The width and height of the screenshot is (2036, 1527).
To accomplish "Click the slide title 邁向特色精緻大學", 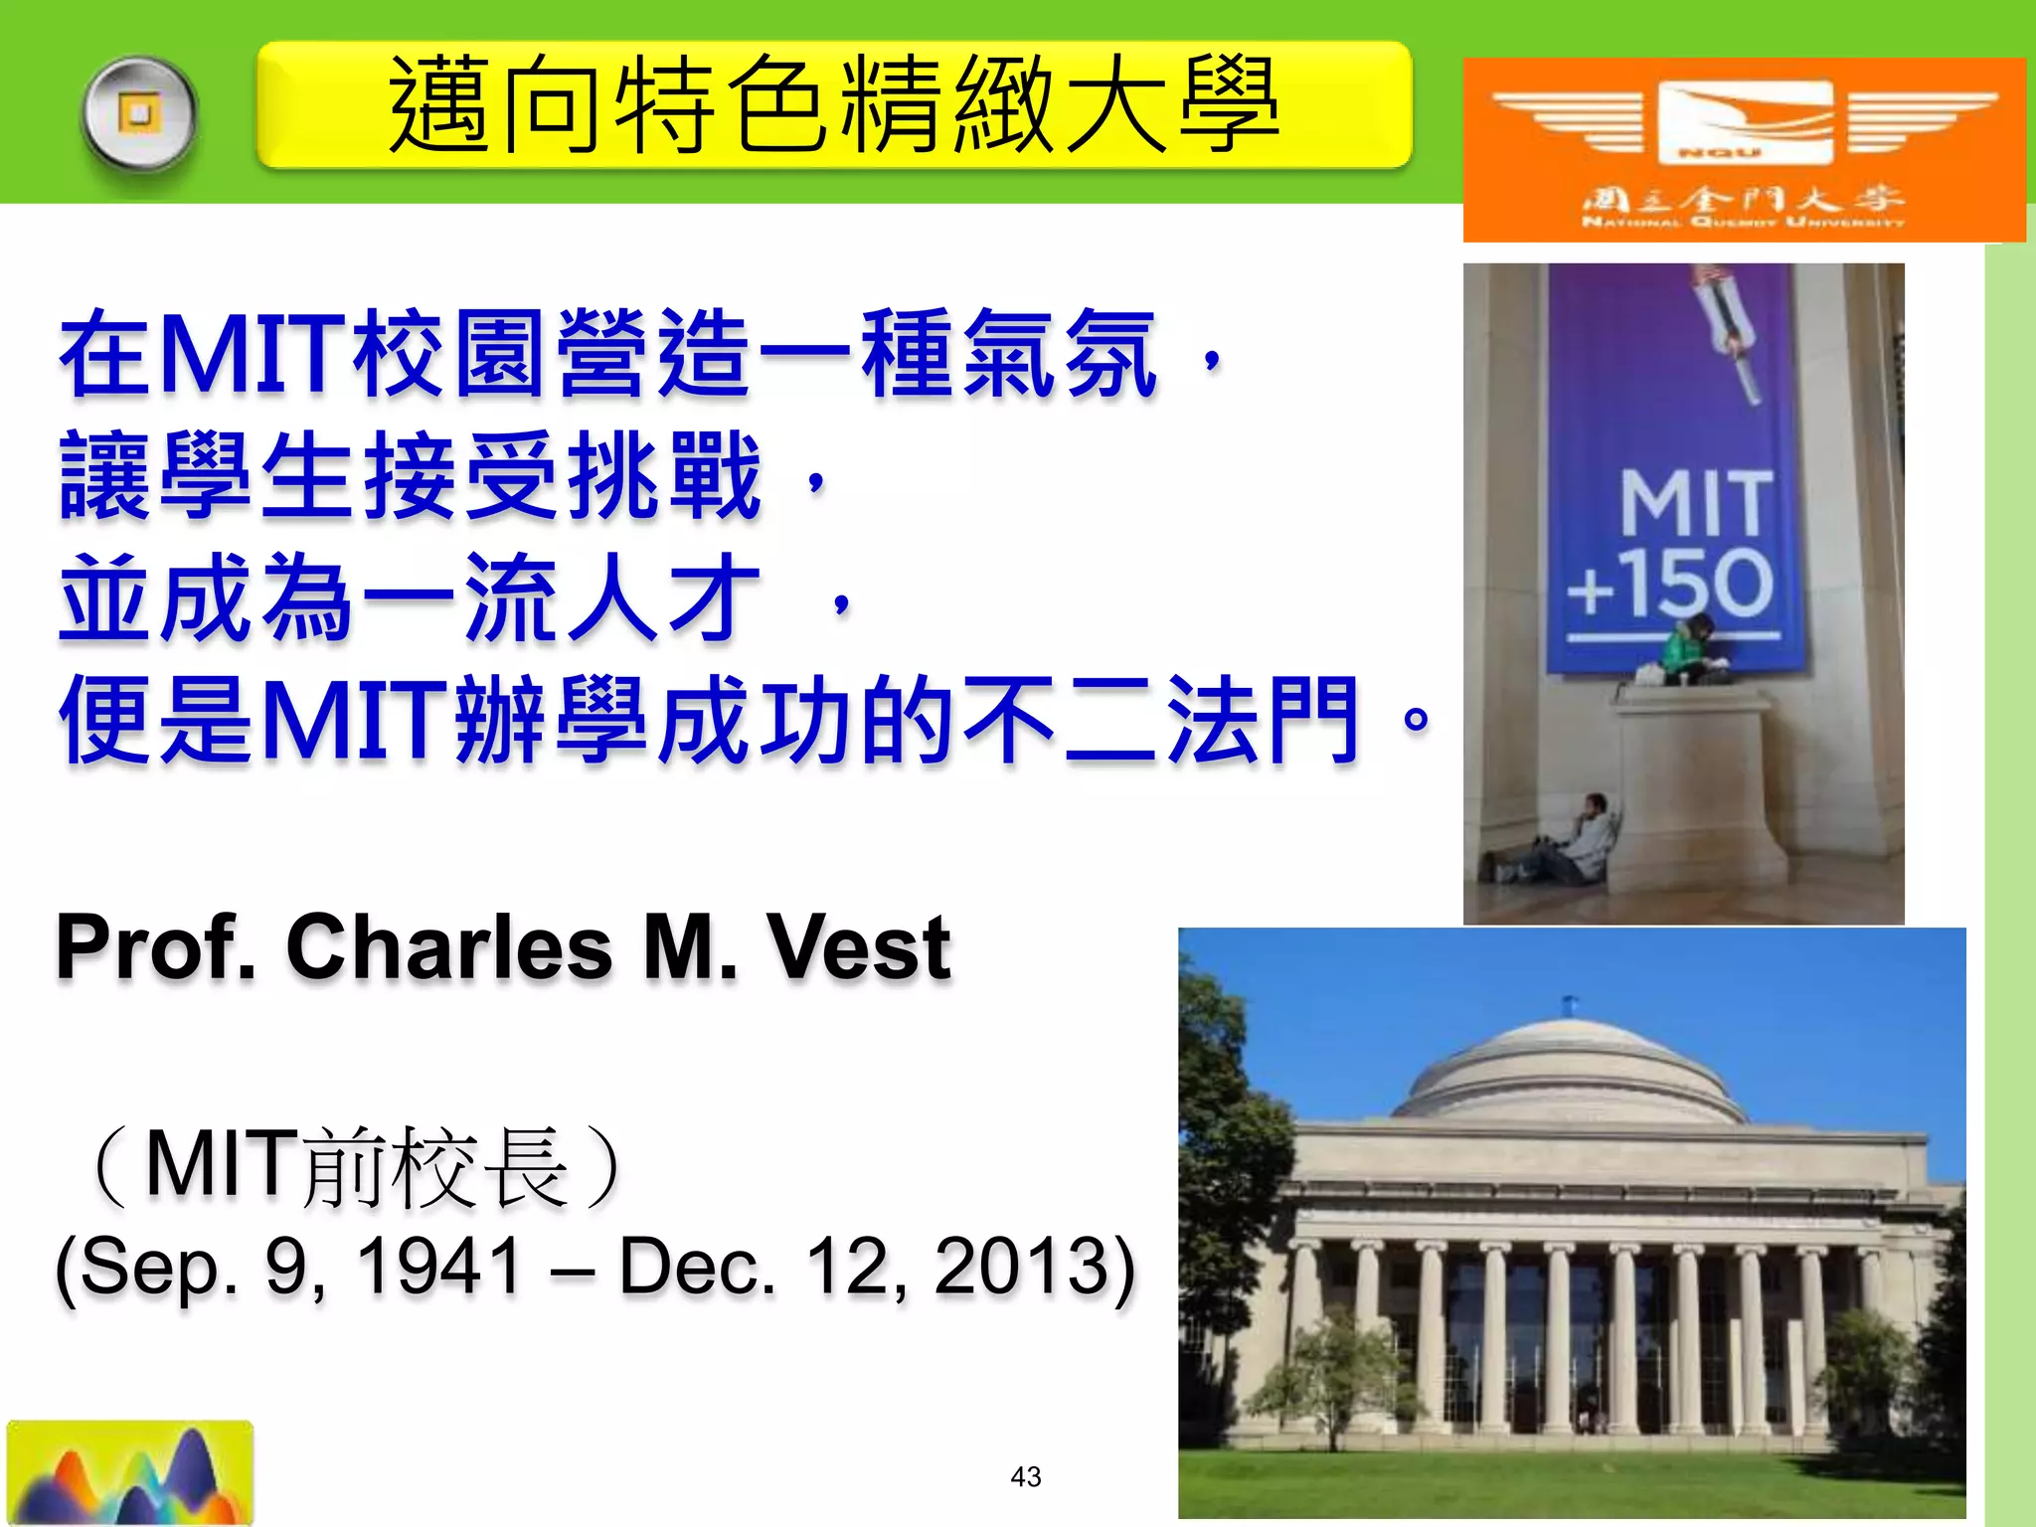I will coord(833,104).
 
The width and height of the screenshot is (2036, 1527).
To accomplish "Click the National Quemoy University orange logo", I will coord(1744,149).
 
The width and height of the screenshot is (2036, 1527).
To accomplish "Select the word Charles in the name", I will coord(449,947).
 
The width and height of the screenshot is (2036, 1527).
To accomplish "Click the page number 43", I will coord(1025,1476).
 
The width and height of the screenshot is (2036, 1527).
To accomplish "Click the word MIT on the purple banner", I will coord(1696,503).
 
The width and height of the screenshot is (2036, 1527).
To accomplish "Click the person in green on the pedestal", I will coord(1691,650).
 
